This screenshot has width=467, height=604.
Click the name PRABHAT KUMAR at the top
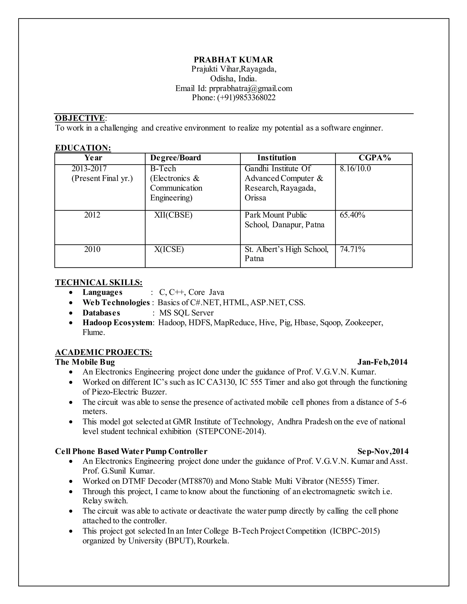point(233,60)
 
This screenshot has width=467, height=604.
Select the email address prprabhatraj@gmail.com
point(250,88)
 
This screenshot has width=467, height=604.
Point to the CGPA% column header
point(375,158)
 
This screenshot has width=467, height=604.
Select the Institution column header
point(276,158)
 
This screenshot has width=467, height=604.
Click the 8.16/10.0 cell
point(355,169)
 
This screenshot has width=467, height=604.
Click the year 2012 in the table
point(92,215)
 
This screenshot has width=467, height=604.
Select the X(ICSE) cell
point(169,249)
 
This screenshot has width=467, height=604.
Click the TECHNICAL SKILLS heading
point(99,282)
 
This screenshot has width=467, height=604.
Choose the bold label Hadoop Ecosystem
point(118,323)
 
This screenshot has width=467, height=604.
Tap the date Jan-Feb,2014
point(382,362)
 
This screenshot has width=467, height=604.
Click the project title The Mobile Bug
point(85,362)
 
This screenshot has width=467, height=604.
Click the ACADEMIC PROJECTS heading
point(104,352)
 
